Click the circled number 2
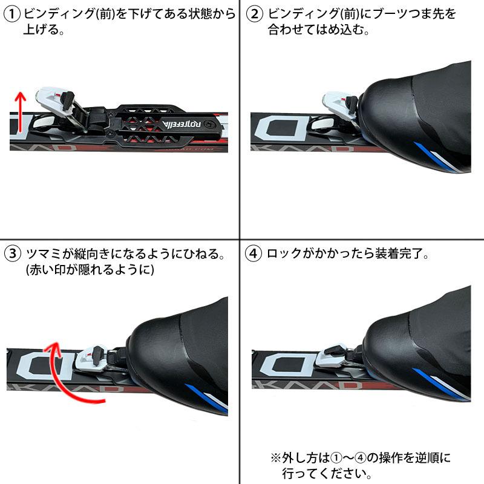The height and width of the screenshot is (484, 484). (255, 15)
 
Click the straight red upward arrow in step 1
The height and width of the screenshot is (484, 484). (19, 112)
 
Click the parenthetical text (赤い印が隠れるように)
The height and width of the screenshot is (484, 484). (85, 270)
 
